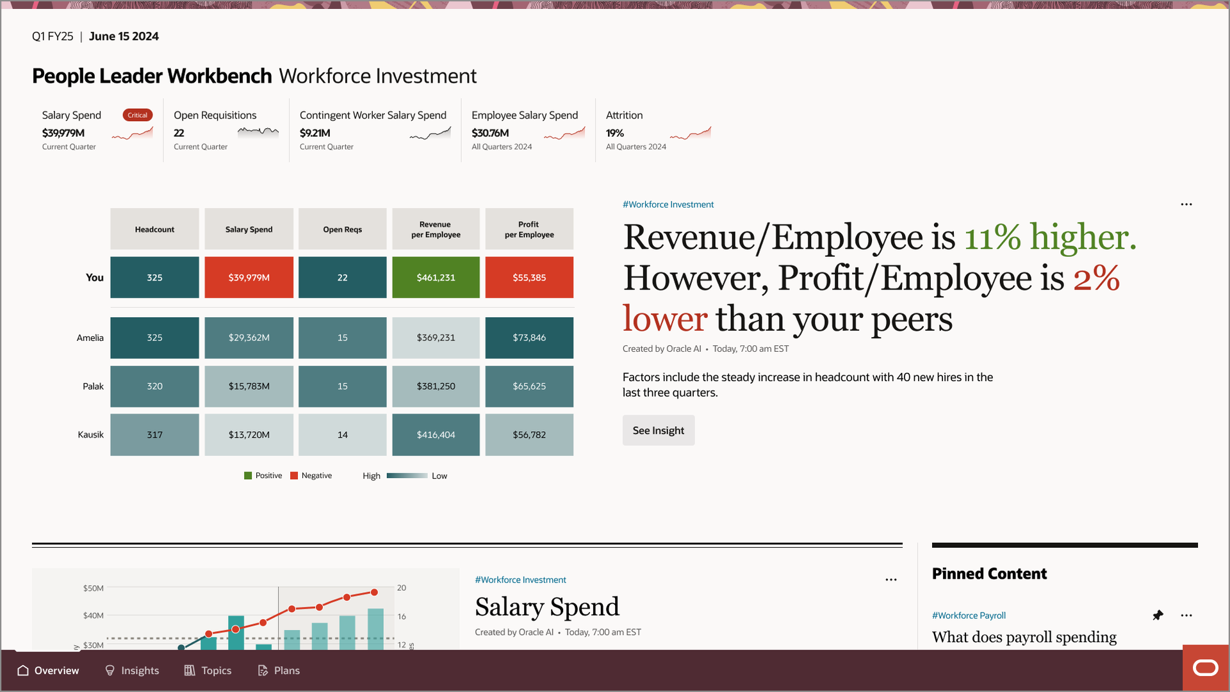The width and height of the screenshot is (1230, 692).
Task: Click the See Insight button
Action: [658, 431]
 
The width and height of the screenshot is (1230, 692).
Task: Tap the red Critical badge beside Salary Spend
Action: [137, 115]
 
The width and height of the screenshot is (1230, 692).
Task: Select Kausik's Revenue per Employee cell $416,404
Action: [436, 435]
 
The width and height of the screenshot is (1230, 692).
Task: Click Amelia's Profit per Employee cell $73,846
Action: [529, 338]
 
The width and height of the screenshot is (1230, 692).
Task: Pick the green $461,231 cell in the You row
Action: [436, 277]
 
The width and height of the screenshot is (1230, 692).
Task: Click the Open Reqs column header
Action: [342, 229]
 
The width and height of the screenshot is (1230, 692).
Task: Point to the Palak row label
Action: [93, 386]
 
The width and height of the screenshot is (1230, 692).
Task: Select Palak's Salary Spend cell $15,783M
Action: [249, 386]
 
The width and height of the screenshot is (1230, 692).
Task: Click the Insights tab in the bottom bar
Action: [132, 670]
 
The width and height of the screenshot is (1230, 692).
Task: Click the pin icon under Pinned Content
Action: [1158, 615]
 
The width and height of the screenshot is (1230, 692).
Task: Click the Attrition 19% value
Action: [614, 133]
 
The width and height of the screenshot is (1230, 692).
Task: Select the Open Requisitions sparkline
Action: [258, 132]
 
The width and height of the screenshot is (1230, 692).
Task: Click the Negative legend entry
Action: [311, 475]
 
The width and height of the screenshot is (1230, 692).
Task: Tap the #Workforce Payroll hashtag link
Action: [969, 615]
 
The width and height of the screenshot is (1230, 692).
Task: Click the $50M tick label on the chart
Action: [93, 588]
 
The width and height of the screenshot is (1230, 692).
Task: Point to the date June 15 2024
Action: [124, 37]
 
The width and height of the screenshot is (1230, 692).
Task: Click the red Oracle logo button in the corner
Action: [1205, 668]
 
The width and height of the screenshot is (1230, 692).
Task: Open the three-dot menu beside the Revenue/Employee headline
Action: [1186, 204]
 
